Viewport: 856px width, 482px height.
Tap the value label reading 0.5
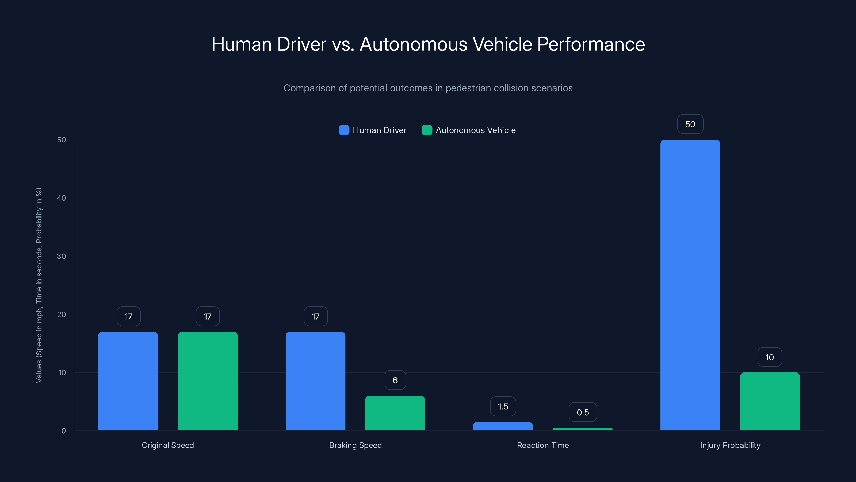(x=583, y=412)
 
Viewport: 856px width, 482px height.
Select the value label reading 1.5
(x=503, y=406)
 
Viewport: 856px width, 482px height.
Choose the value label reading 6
(x=395, y=380)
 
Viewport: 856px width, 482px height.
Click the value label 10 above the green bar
(x=769, y=357)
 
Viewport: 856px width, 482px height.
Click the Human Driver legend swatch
(x=344, y=130)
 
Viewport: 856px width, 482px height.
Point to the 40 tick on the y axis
(x=62, y=198)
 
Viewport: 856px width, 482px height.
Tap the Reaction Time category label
(x=543, y=445)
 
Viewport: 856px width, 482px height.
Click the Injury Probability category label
(x=730, y=445)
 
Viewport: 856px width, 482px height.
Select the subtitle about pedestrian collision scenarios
(x=428, y=88)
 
